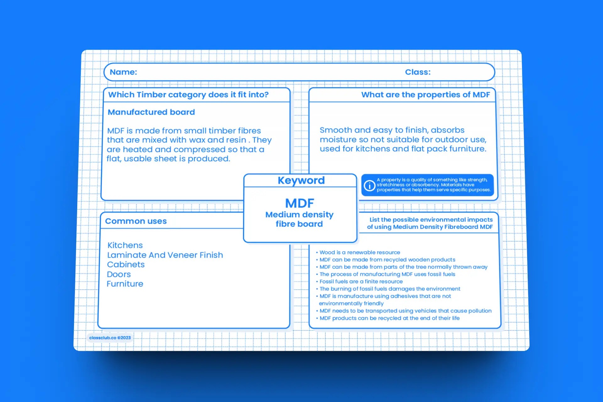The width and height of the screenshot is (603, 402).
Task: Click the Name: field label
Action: click(x=123, y=72)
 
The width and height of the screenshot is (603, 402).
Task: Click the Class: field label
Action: click(x=417, y=72)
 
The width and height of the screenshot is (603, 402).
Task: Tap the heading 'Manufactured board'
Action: click(x=151, y=112)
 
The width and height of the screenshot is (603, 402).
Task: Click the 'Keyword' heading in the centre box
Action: click(x=301, y=180)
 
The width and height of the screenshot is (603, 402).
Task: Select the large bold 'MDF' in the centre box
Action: click(x=299, y=203)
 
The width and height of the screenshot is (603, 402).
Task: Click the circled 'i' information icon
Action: click(x=369, y=185)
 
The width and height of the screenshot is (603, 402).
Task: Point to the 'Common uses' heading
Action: click(x=136, y=221)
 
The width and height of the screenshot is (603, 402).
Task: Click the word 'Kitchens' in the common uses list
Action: click(x=125, y=245)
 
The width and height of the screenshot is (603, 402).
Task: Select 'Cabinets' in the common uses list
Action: click(x=126, y=264)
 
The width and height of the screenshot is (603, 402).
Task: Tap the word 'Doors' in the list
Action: click(x=119, y=274)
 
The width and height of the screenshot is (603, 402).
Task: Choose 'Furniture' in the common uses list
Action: click(x=125, y=284)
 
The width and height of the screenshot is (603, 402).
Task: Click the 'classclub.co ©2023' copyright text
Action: click(x=110, y=338)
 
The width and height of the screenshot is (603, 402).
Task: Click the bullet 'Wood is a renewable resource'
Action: click(x=360, y=253)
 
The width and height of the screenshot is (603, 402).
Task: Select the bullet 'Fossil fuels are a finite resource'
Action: click(x=361, y=282)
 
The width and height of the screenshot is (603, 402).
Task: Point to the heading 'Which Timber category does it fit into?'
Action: click(x=188, y=95)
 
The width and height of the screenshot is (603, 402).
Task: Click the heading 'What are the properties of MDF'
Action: click(x=425, y=95)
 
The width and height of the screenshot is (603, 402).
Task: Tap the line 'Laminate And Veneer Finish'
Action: click(x=165, y=255)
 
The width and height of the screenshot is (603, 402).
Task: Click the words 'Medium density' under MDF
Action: click(x=299, y=215)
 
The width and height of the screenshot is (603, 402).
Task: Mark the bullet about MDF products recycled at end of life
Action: click(x=389, y=318)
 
